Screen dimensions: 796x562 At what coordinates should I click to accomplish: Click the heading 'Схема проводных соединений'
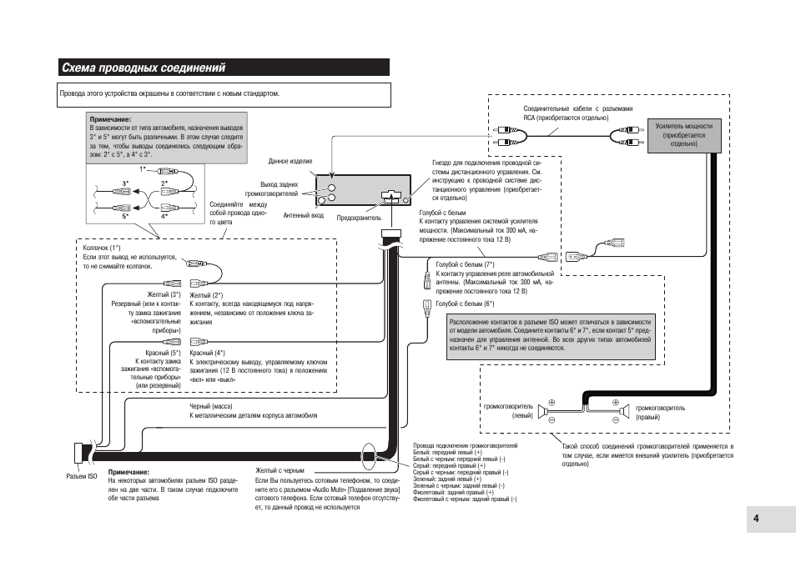click(x=144, y=68)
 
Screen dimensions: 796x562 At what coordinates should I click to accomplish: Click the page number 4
click(x=756, y=519)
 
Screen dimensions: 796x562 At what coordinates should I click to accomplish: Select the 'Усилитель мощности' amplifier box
click(x=684, y=135)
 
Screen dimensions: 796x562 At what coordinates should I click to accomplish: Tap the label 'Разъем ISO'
click(x=82, y=476)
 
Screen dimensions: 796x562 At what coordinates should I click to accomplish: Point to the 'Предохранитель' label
click(x=359, y=218)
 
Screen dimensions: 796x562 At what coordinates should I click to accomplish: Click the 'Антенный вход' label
click(x=303, y=216)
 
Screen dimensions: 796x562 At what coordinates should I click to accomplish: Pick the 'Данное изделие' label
click(x=290, y=161)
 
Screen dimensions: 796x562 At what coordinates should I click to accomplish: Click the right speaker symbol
click(x=626, y=411)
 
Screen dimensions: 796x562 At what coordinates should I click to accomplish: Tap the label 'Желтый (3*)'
click(x=164, y=294)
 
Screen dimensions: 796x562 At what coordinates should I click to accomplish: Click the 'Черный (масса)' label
click(x=210, y=406)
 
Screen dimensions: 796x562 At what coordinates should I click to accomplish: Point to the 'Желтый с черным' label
click(x=280, y=471)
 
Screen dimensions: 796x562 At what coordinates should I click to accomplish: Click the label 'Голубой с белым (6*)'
click(x=465, y=304)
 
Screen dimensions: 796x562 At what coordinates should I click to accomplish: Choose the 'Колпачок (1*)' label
click(x=102, y=248)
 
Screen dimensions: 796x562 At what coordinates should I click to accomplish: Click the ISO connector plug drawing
click(x=79, y=453)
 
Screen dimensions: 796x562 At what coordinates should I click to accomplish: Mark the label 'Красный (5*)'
click(x=163, y=353)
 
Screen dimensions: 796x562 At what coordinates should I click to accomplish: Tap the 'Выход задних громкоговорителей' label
click(x=272, y=189)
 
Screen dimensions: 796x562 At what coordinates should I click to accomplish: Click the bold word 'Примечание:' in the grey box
click(x=110, y=120)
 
